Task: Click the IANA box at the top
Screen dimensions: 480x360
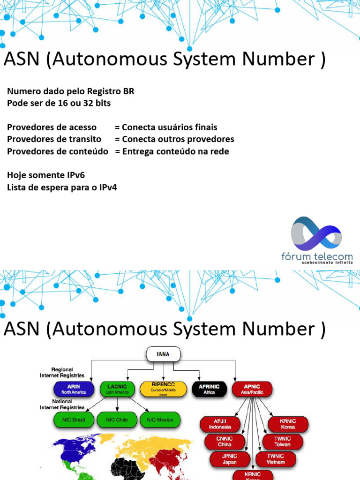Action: [x=164, y=354]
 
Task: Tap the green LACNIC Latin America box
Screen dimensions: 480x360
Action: [x=117, y=389]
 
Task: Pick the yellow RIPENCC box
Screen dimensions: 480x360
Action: [x=164, y=388]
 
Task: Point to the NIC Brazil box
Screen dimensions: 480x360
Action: [x=74, y=420]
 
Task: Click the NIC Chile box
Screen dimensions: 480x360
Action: [x=117, y=420]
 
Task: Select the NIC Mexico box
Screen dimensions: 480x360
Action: [x=160, y=420]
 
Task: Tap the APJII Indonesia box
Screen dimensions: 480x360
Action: [x=220, y=424]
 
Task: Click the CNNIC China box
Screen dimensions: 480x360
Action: [x=225, y=442]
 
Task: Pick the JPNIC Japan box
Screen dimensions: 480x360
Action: [x=230, y=459]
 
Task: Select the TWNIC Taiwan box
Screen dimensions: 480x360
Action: [x=283, y=442]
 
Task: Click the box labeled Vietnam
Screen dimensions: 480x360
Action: [x=276, y=459]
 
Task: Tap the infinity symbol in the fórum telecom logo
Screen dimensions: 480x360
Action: [x=316, y=233]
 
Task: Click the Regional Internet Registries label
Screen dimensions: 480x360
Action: [x=62, y=373]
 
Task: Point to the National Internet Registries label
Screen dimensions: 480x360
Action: [x=62, y=405]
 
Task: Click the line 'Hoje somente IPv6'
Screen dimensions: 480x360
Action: [x=46, y=175]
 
